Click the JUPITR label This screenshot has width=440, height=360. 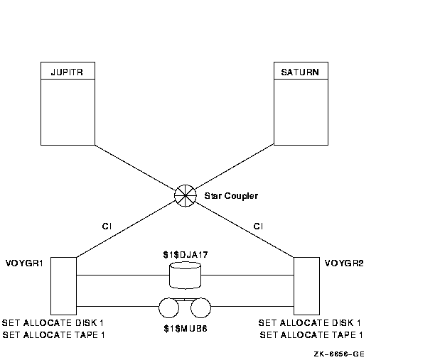tap(67, 72)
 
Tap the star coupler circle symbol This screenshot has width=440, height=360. tap(185, 194)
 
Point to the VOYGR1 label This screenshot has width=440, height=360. tap(24, 263)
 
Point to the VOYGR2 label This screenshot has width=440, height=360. tap(344, 263)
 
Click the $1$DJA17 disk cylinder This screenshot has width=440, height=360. tap(185, 274)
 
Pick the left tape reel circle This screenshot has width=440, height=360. tap(169, 307)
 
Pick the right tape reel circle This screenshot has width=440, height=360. tap(200, 307)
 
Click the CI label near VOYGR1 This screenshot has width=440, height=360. tap(107, 227)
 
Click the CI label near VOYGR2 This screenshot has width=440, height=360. tap(258, 227)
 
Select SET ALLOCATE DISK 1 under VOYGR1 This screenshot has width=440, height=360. tap(54, 323)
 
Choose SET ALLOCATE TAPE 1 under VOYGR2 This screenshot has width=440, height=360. tap(311, 335)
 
